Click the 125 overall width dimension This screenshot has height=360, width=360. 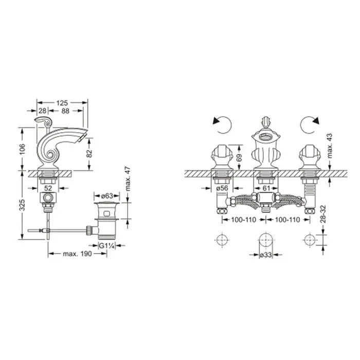coord(62,103)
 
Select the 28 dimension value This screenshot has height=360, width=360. coord(43,111)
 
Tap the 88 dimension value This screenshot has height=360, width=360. coord(65,111)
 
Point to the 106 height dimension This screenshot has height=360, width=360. coord(22,149)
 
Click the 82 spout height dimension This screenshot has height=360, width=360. coord(89,153)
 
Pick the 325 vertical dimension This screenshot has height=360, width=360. coord(22,205)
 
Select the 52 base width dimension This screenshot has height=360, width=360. coord(48,188)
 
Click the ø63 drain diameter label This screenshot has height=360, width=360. coord(107,196)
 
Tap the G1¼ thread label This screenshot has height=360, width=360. coord(106,246)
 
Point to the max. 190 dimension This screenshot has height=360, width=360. coord(77,254)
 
